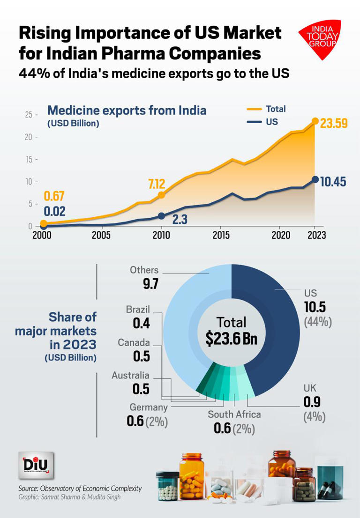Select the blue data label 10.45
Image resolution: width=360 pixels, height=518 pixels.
coord(333,181)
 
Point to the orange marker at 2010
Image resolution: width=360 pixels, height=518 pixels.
coord(161,195)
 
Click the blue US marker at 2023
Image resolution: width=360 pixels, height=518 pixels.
coord(315,179)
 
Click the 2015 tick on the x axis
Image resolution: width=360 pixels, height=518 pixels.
coord(220,235)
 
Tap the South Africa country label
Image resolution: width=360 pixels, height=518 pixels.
coord(234,414)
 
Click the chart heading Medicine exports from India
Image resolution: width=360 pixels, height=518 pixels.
coord(127,111)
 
